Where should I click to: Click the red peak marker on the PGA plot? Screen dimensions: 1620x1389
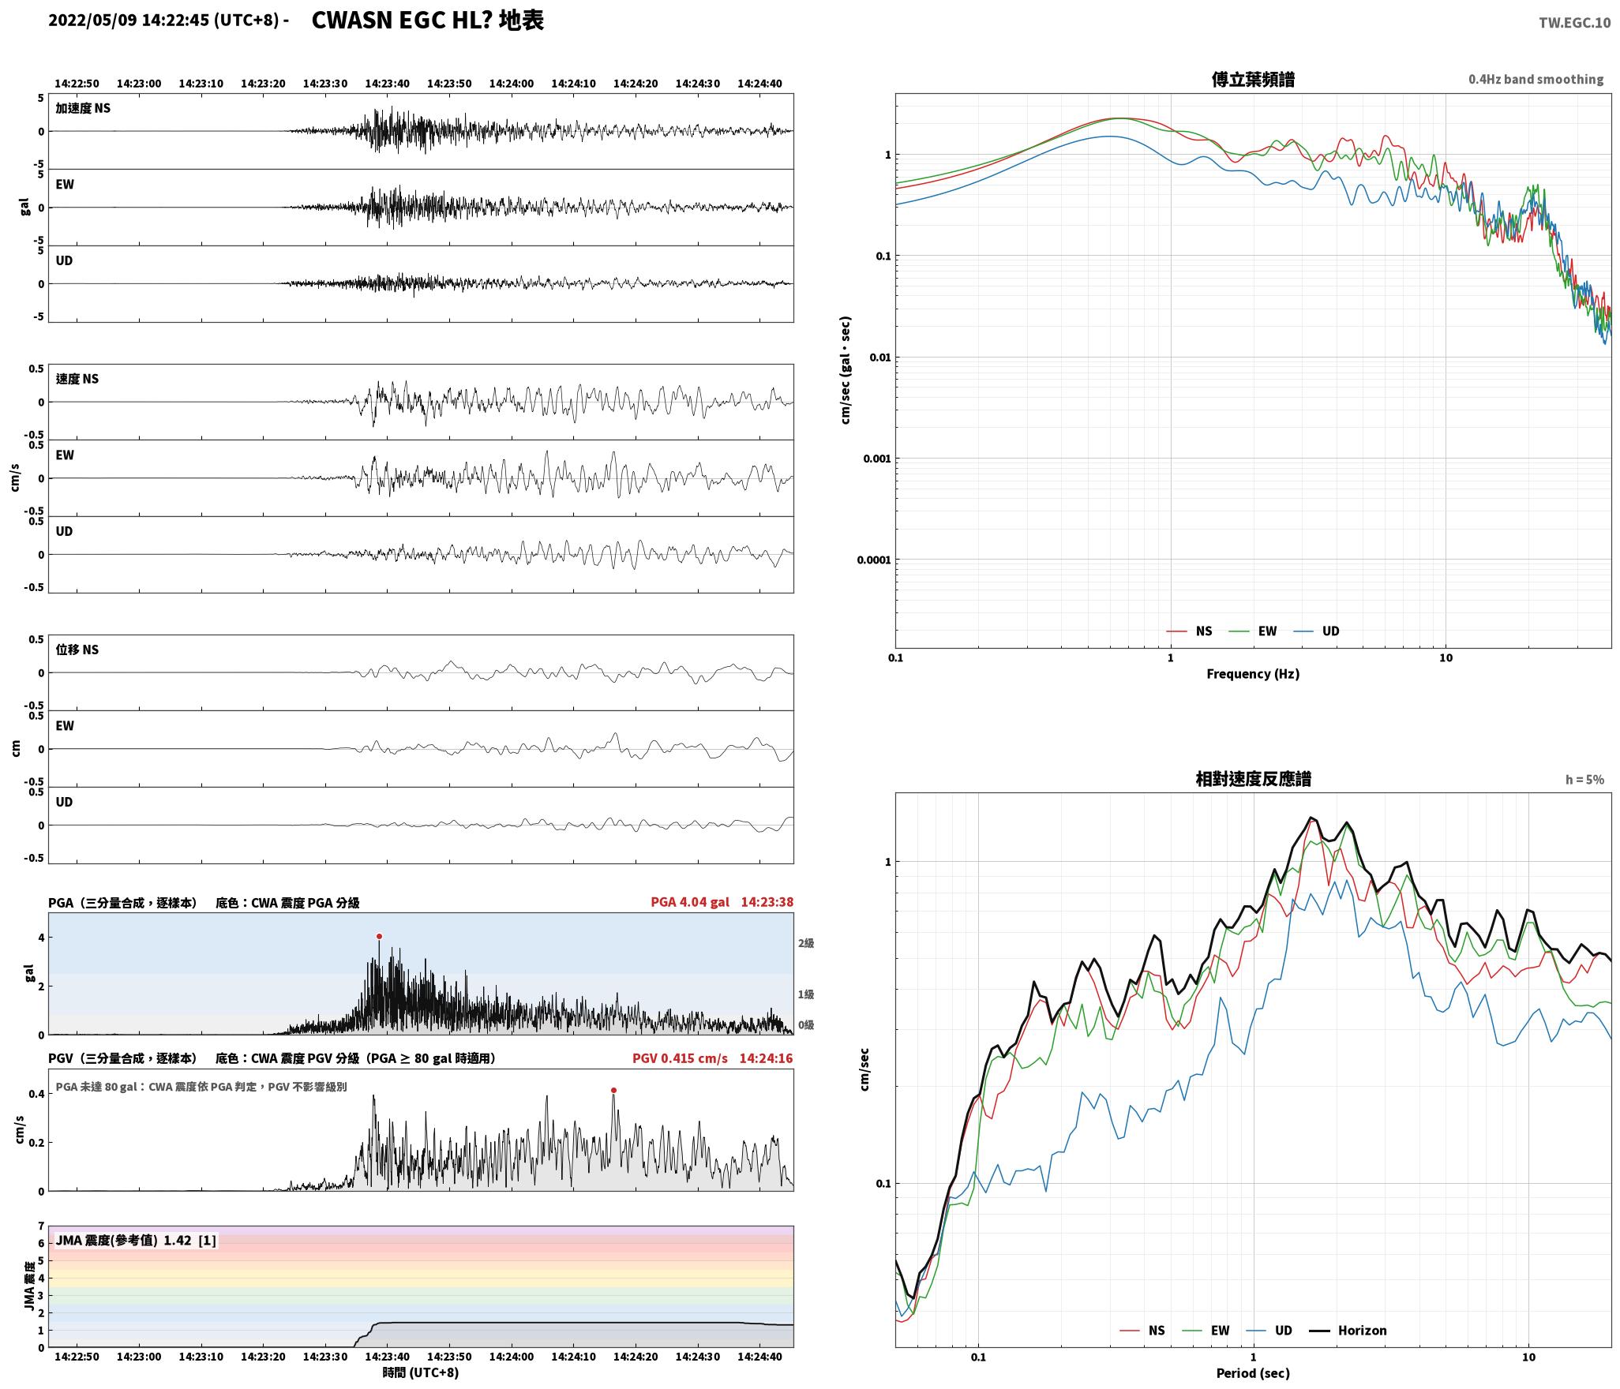coord(379,936)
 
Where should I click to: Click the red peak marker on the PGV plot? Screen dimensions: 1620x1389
coord(613,1090)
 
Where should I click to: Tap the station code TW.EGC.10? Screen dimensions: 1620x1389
coord(1574,23)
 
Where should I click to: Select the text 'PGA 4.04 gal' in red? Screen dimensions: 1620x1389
coord(690,902)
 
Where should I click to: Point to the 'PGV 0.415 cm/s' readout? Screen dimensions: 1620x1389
coord(680,1058)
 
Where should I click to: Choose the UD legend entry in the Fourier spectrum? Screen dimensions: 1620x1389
coord(1317,631)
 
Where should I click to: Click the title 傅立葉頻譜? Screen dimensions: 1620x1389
coord(1253,80)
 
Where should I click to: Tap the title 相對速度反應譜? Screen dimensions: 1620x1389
coord(1253,779)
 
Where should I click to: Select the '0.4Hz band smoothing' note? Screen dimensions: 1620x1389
coord(1536,80)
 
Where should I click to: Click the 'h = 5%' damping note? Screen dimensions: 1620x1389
coord(1584,780)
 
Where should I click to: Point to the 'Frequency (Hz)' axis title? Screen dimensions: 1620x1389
coord(1253,673)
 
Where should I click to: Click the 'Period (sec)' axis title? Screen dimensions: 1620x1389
coord(1253,1372)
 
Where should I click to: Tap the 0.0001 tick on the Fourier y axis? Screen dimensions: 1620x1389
coord(873,560)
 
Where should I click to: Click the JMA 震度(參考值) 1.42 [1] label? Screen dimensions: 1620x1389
coord(135,1240)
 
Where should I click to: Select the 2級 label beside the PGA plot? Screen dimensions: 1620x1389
coord(806,943)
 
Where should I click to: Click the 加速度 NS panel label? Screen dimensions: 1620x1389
coord(83,108)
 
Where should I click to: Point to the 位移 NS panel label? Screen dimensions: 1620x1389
coord(77,650)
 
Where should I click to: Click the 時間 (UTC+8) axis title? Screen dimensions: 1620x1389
coord(421,1372)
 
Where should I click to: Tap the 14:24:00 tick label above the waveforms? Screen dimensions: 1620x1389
coord(512,84)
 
